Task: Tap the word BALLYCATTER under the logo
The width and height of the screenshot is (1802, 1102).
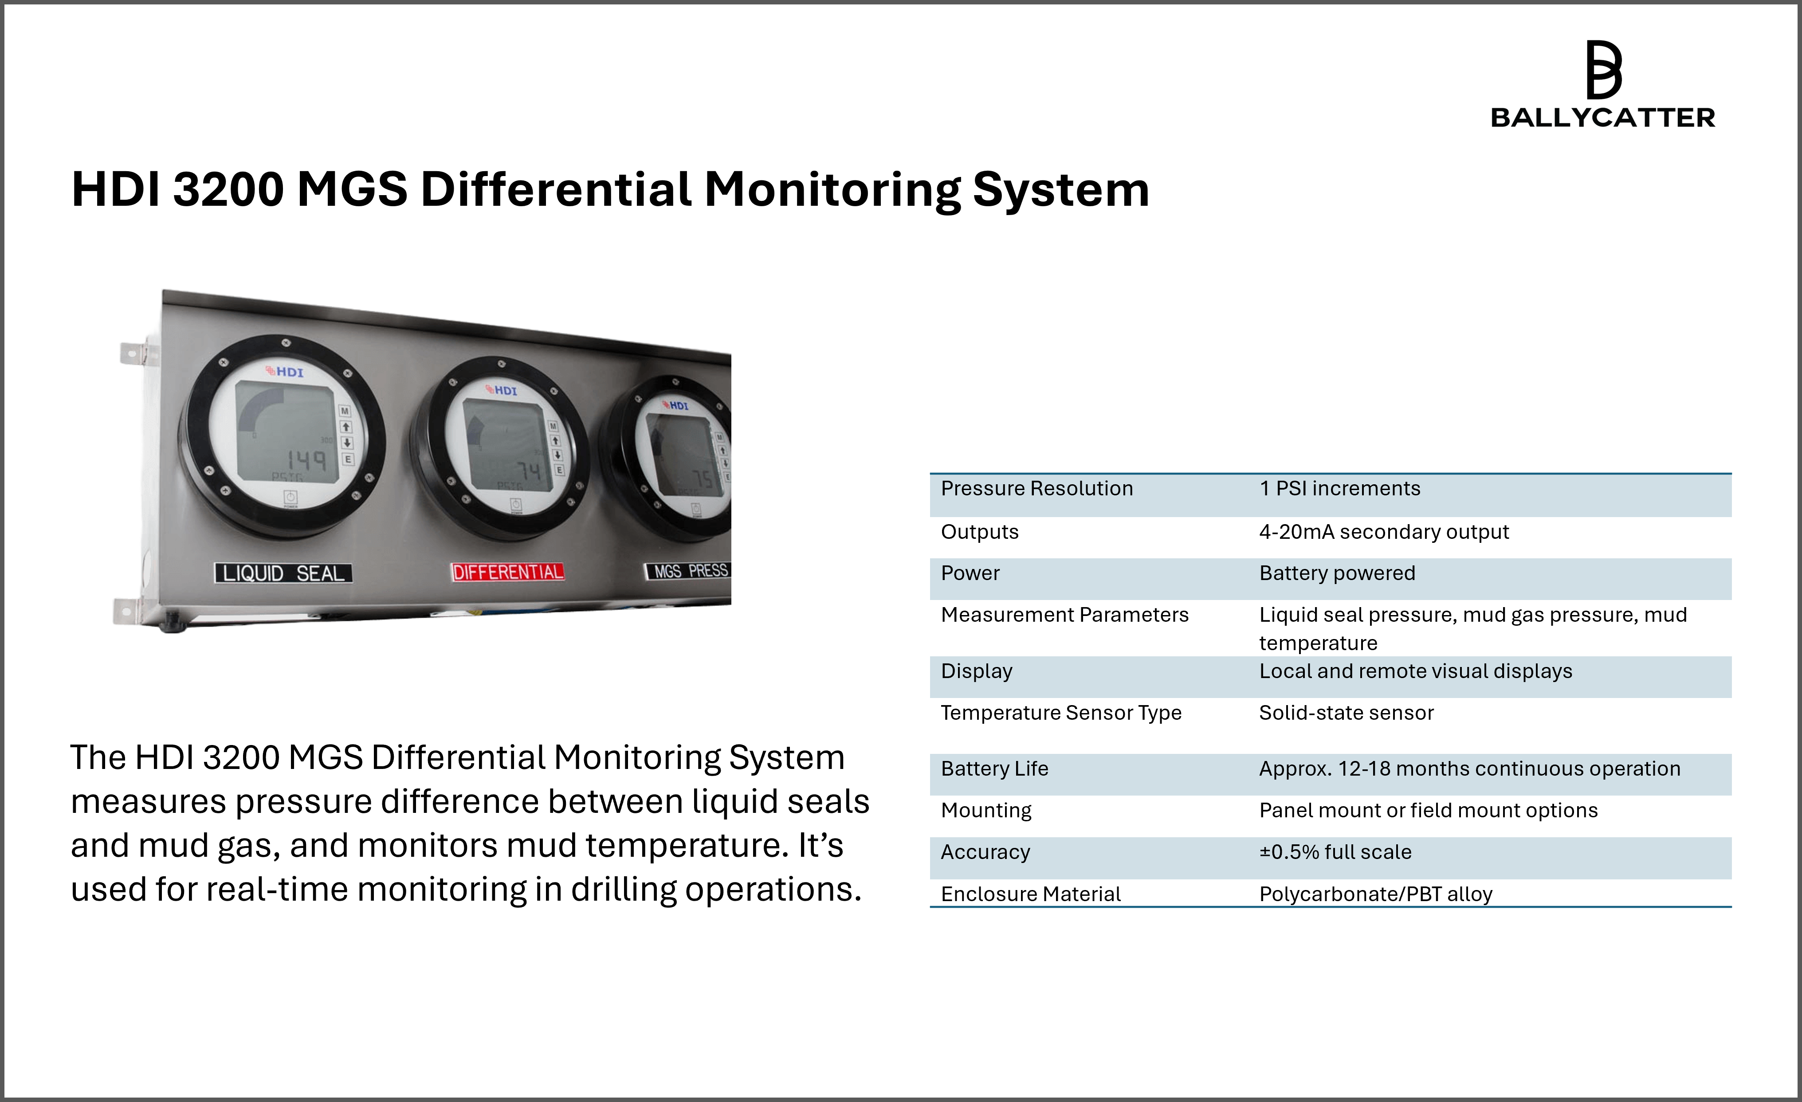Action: (1602, 118)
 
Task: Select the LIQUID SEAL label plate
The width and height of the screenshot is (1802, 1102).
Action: (283, 573)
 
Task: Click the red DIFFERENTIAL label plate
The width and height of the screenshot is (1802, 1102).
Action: (508, 572)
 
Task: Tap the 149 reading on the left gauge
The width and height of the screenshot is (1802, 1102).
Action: (306, 460)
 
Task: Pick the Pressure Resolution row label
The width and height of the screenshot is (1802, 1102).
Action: (1037, 489)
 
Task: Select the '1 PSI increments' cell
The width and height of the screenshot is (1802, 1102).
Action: (1340, 489)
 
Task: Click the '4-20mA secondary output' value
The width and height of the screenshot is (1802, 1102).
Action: (1384, 532)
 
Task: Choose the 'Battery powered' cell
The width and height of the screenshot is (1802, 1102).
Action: (1337, 573)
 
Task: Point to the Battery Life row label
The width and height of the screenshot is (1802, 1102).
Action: (995, 769)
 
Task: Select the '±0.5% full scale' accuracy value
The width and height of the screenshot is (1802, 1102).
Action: (1335, 852)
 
